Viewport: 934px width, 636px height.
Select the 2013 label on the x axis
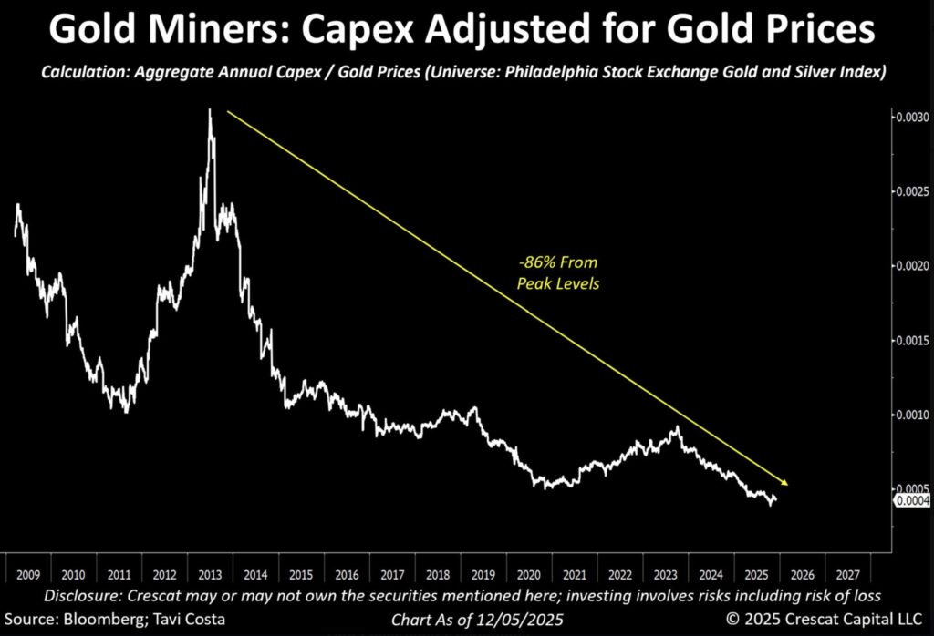point(208,575)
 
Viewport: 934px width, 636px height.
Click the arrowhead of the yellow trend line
point(784,483)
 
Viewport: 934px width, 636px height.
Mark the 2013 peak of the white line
point(210,111)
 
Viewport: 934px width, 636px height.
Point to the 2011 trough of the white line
point(125,411)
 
